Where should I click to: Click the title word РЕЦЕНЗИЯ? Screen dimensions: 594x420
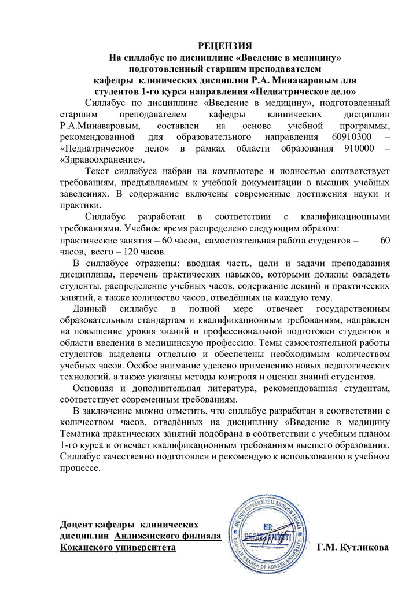point(225,45)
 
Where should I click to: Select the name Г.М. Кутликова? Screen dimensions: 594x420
point(353,547)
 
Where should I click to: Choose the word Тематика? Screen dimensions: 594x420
point(81,433)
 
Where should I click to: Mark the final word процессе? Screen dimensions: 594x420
point(80,467)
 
